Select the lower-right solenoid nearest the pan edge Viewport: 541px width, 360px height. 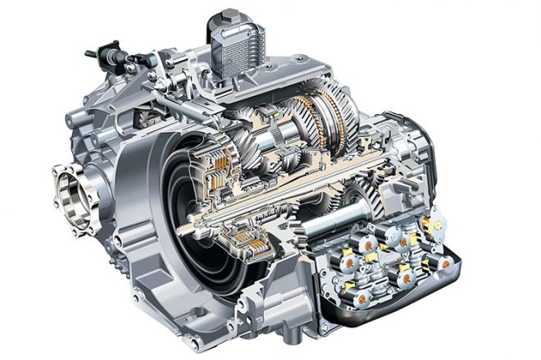click(443, 264)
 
